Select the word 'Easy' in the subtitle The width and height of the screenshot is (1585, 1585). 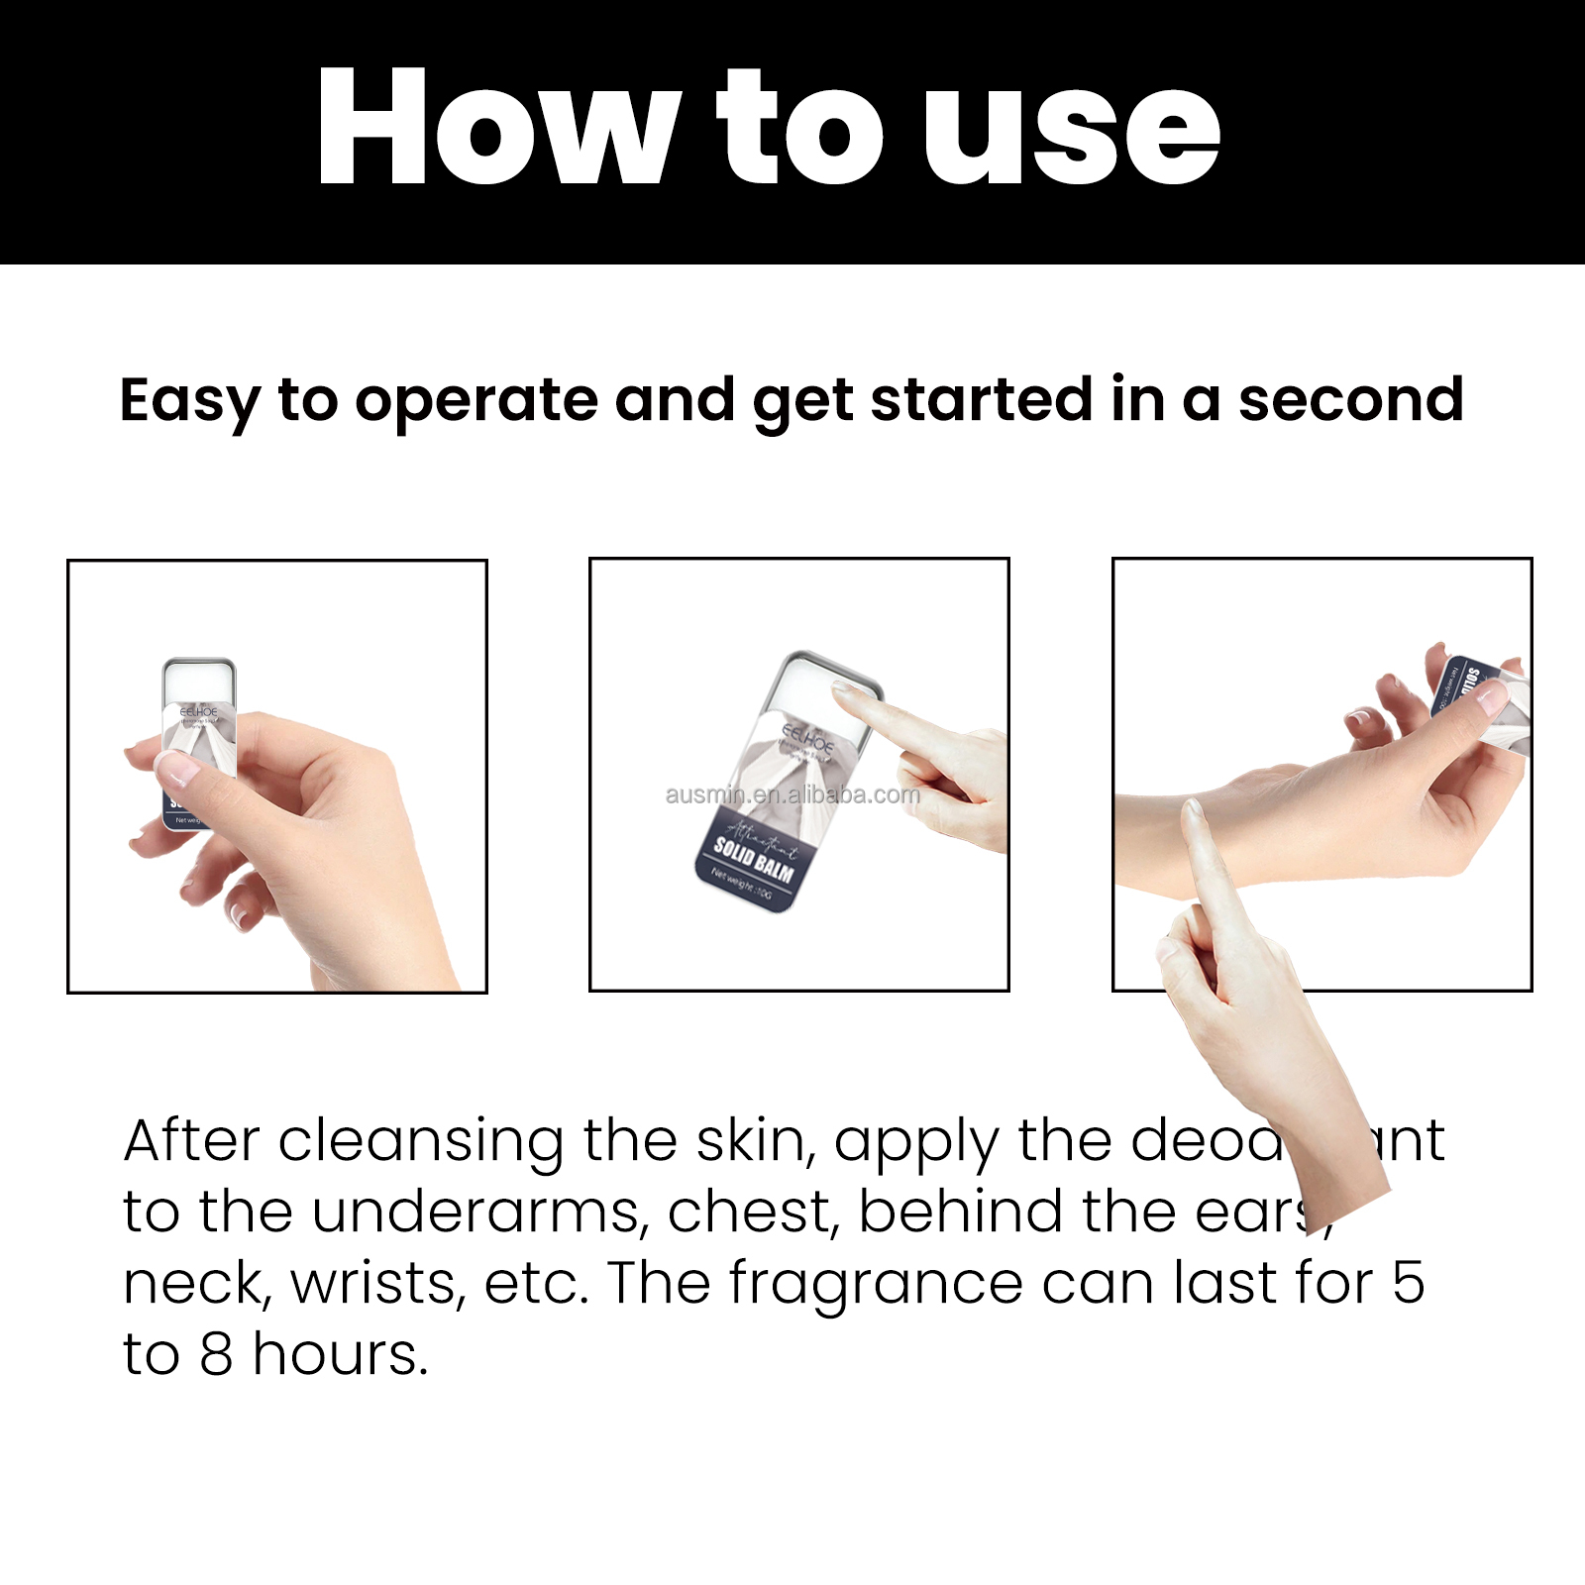pos(189,401)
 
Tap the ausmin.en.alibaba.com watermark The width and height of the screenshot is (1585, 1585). pos(792,794)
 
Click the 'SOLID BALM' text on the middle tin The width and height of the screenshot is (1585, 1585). pos(754,860)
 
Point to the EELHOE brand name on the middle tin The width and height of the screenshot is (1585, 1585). pos(807,737)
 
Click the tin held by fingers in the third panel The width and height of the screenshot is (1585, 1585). pos(1476,693)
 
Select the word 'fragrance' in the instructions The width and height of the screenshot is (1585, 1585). pos(876,1284)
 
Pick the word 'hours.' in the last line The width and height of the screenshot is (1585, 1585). pos(340,1354)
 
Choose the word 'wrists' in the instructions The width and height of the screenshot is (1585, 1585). pos(377,1284)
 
